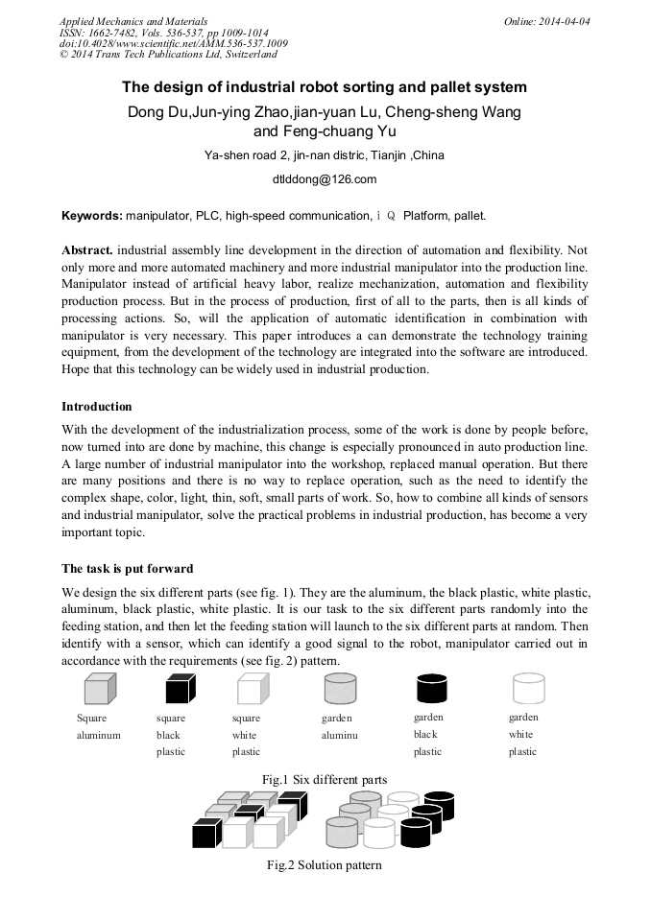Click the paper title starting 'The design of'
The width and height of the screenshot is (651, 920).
pyautogui.click(x=325, y=87)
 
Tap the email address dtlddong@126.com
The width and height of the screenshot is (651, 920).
pyautogui.click(x=325, y=179)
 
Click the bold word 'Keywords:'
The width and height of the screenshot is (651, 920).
pyautogui.click(x=91, y=216)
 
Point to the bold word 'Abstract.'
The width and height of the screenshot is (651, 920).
pyautogui.click(x=87, y=248)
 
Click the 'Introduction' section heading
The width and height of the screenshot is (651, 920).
pyautogui.click(x=97, y=407)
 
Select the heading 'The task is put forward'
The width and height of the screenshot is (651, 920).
pyautogui.click(x=127, y=569)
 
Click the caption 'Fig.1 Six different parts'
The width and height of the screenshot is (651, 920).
pyautogui.click(x=325, y=780)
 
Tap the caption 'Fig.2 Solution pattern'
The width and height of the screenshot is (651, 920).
pyautogui.click(x=325, y=865)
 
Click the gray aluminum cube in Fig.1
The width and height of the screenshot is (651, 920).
pyautogui.click(x=99, y=689)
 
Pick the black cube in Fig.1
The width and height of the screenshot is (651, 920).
pyautogui.click(x=180, y=689)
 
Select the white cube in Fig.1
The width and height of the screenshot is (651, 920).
pyautogui.click(x=251, y=689)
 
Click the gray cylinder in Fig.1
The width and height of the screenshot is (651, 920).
pyautogui.click(x=341, y=689)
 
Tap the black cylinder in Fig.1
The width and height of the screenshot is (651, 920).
pyautogui.click(x=432, y=689)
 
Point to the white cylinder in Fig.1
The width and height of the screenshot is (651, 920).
pyautogui.click(x=528, y=689)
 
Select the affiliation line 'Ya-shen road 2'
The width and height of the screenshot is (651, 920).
pyautogui.click(x=325, y=155)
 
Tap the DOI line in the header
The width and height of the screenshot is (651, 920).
pyautogui.click(x=173, y=44)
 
